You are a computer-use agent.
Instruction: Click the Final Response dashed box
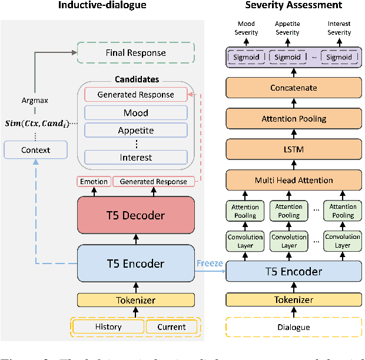(x=135, y=53)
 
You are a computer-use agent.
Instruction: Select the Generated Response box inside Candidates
(x=135, y=94)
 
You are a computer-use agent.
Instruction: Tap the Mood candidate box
(x=135, y=113)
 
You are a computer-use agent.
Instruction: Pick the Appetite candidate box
(x=135, y=130)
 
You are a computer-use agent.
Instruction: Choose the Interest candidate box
(x=135, y=157)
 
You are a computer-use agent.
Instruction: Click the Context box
(x=36, y=150)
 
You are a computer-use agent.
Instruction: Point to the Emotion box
(x=94, y=182)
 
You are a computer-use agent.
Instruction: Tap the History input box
(x=108, y=326)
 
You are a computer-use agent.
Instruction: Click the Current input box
(x=171, y=326)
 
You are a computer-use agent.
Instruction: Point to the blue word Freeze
(x=210, y=263)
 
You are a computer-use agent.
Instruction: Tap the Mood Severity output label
(x=246, y=28)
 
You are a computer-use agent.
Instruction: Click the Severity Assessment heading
(x=293, y=5)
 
